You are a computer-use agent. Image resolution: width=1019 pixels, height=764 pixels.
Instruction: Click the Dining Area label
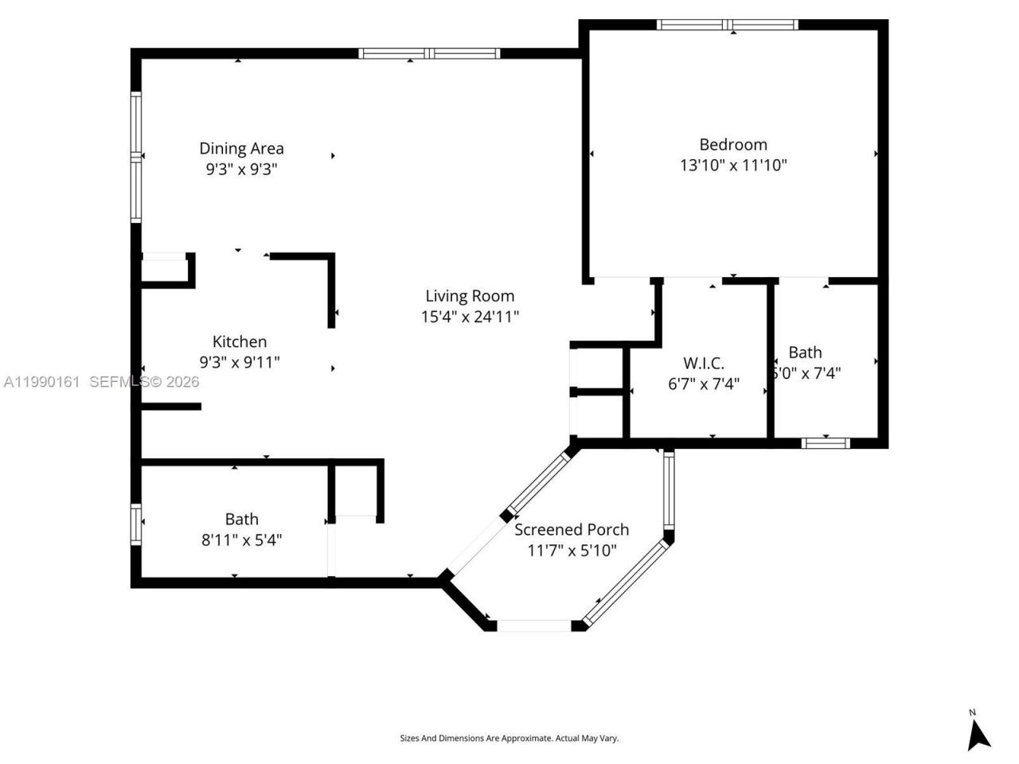coord(241,148)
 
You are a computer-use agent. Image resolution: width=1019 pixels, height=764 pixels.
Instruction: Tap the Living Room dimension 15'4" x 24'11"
coord(470,317)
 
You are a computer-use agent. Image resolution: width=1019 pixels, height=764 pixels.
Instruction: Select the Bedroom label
coord(733,144)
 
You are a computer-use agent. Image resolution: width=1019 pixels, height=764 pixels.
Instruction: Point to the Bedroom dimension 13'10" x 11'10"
coord(733,166)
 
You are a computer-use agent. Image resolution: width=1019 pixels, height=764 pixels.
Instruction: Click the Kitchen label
coord(240,341)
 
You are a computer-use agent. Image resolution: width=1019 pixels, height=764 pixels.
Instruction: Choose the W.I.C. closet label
coord(704,363)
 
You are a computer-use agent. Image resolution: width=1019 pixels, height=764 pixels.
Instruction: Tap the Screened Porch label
coord(572,529)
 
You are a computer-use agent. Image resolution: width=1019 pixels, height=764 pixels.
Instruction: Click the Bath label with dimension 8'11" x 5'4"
coord(241,519)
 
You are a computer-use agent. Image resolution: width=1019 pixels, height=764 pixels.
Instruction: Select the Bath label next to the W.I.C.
coord(805,352)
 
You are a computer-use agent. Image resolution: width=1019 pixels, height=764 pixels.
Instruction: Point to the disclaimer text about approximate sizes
coord(509,739)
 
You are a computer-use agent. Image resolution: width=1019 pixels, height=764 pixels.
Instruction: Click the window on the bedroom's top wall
coord(728,25)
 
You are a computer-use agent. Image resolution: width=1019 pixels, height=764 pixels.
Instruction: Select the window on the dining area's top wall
coord(429,54)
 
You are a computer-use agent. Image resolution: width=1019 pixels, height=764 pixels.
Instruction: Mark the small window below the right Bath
coord(826,443)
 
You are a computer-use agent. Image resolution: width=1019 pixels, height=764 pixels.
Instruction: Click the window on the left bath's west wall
coord(136,524)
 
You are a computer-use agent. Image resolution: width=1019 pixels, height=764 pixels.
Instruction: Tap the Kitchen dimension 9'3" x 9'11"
coord(240,363)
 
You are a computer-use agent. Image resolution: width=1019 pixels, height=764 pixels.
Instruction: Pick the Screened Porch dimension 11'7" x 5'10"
coord(572,551)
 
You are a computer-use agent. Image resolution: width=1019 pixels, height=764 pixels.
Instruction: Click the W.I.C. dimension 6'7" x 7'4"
coord(704,384)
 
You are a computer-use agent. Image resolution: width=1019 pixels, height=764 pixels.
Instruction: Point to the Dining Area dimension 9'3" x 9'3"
coord(241,170)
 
